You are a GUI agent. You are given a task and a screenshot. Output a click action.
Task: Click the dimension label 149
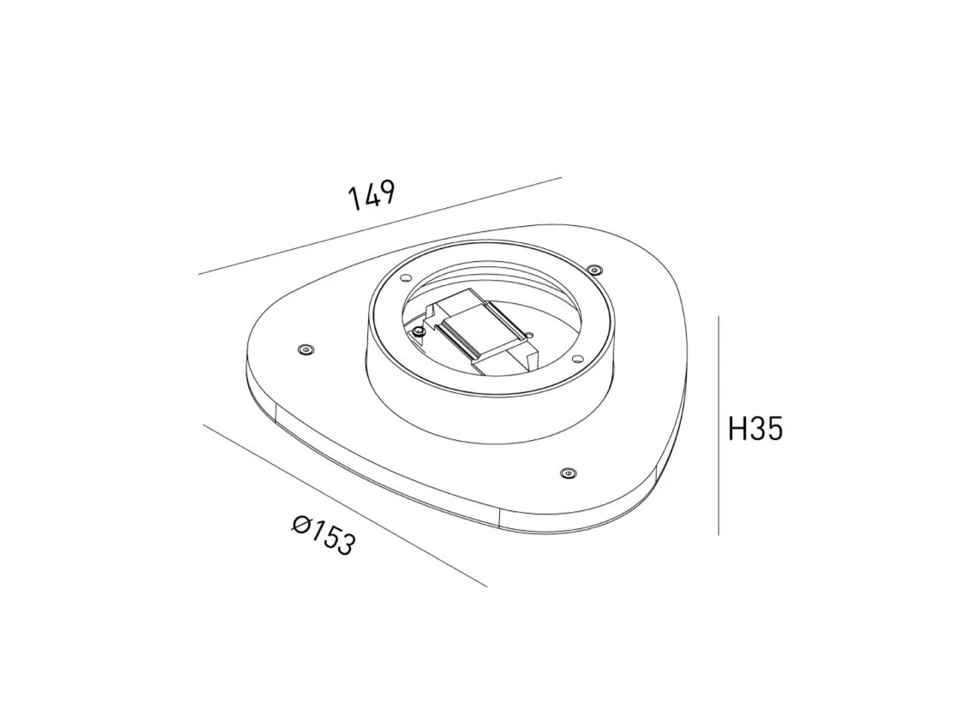tap(372, 194)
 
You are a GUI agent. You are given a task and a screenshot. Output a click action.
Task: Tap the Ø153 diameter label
tap(324, 535)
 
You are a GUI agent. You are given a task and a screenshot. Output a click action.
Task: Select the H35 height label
tap(755, 429)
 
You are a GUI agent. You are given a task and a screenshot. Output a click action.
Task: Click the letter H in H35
tap(736, 429)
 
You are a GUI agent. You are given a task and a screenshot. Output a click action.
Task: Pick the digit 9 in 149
tap(387, 191)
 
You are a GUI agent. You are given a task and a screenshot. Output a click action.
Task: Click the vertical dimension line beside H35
tap(718, 425)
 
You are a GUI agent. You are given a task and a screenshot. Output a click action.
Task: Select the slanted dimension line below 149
tap(380, 226)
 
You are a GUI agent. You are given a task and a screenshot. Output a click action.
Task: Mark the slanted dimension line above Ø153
tap(345, 505)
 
